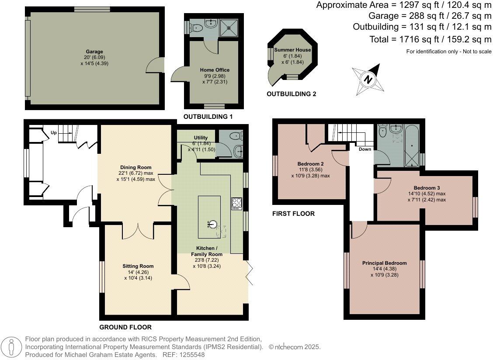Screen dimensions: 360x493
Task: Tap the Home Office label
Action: [x=215, y=70]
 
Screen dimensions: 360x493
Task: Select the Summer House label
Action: [x=292, y=50]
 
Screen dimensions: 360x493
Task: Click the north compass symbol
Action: [x=368, y=80]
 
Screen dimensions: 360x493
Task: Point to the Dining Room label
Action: [x=136, y=167]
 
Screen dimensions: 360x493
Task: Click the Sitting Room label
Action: [x=138, y=266]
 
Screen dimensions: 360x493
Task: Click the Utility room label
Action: [x=201, y=138]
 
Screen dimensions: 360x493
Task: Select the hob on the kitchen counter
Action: [x=237, y=204]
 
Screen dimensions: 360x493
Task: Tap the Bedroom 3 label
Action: [x=424, y=188]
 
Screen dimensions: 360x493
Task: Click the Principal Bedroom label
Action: [x=384, y=263]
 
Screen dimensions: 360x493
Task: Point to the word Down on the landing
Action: [x=365, y=149]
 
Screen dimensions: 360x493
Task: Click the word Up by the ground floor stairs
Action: [x=54, y=132]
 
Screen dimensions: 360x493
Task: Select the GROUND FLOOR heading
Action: [x=125, y=327]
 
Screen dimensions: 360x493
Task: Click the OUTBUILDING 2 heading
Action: [x=291, y=94]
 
